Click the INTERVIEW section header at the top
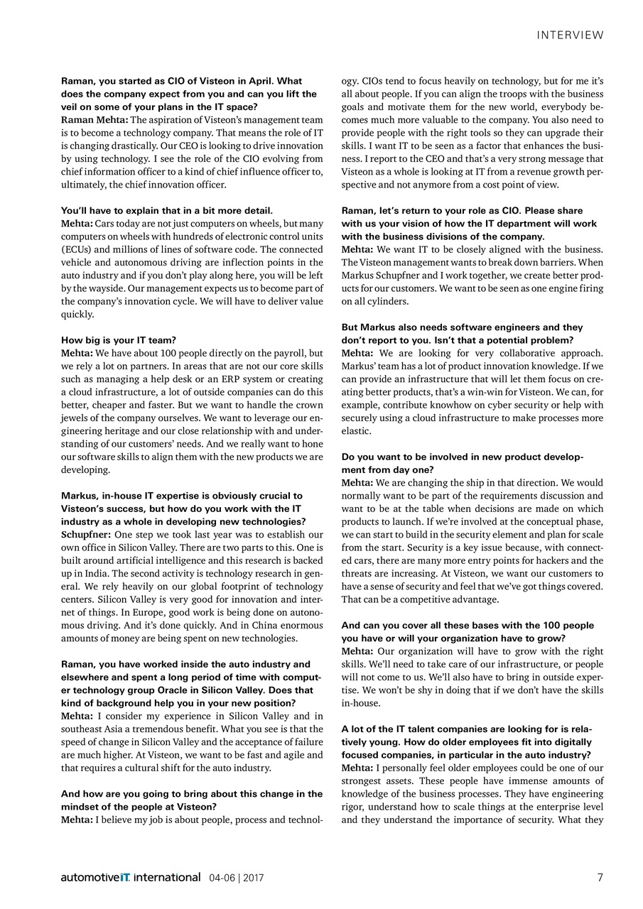[x=570, y=35]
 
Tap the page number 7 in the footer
[x=600, y=877]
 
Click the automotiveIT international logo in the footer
[x=131, y=878]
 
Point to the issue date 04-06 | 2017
[x=236, y=878]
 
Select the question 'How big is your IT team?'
[x=119, y=340]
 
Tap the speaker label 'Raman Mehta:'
[x=94, y=119]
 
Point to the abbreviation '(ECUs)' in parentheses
[x=76, y=249]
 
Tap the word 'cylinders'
[x=387, y=301]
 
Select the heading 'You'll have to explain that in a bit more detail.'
[x=167, y=211]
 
